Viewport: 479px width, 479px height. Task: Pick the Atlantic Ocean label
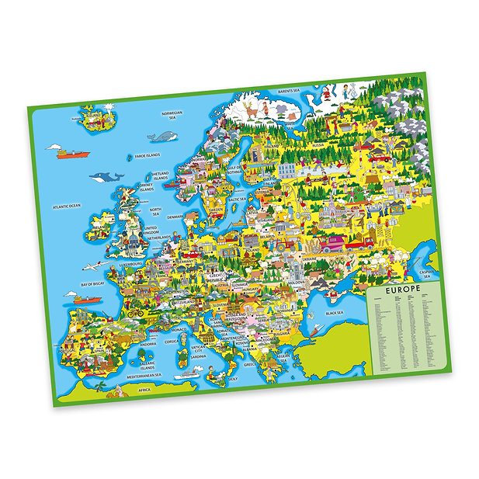(67, 207)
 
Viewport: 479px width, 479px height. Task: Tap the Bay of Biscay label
(92, 285)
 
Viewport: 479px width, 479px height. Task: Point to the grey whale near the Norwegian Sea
(163, 137)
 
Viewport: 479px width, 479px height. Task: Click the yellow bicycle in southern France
(135, 314)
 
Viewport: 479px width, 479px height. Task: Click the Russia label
(318, 145)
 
